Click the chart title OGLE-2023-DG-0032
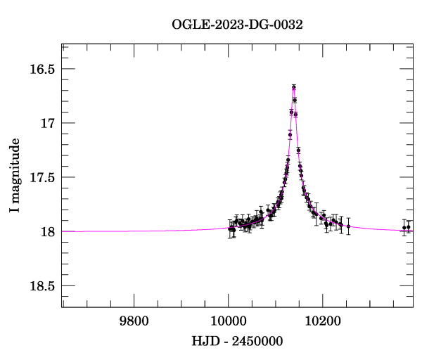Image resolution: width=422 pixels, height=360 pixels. (x=237, y=25)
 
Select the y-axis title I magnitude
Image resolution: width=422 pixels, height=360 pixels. (x=15, y=175)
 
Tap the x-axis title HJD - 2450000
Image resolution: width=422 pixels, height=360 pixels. (x=237, y=341)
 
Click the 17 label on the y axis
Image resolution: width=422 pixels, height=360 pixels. (x=48, y=123)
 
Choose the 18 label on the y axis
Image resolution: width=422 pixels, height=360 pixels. (x=48, y=231)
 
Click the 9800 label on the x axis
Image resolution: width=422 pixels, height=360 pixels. (x=134, y=321)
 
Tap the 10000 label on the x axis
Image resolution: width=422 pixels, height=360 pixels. (x=228, y=321)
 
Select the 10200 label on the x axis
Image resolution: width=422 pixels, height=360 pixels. (x=323, y=321)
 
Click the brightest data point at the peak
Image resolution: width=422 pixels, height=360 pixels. (x=293, y=87)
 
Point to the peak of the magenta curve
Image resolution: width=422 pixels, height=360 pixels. (x=293, y=86)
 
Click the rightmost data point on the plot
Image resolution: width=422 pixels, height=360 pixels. (x=408, y=227)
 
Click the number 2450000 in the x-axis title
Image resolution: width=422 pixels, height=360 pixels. (x=257, y=341)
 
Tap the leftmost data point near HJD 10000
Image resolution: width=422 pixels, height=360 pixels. (x=229, y=229)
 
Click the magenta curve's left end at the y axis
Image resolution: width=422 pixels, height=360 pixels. (x=62, y=231)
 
